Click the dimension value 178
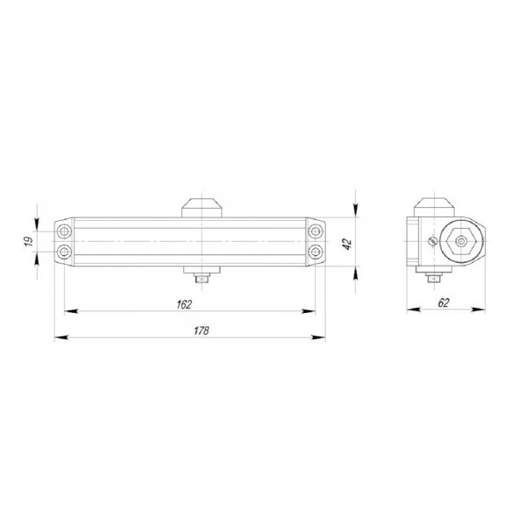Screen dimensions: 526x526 202,331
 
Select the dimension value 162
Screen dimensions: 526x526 184,304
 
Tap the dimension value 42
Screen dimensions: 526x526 347,244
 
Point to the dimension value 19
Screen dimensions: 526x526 29,241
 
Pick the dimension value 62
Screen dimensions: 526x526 443,302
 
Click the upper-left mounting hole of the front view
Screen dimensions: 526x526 64,231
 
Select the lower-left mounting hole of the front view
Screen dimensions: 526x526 64,252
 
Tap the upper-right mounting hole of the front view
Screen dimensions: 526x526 316,231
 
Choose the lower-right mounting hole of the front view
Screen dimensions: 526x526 316,252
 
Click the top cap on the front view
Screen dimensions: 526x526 202,208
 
